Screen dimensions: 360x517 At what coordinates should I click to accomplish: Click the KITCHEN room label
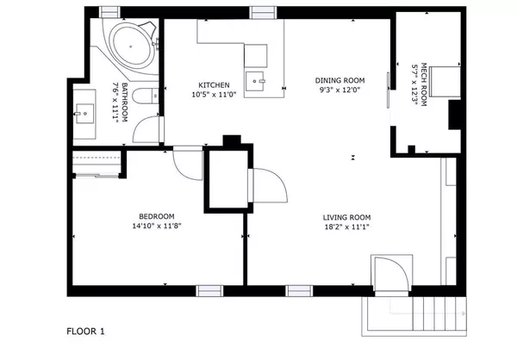tap(215, 84)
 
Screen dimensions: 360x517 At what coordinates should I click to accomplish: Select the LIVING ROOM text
tap(346, 217)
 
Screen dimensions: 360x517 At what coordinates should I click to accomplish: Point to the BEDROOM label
tap(157, 215)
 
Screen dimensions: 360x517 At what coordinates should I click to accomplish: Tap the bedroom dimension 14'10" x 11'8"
tap(157, 226)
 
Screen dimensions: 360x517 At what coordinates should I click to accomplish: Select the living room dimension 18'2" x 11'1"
tap(346, 227)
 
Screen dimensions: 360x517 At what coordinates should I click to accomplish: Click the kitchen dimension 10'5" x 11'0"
tap(215, 95)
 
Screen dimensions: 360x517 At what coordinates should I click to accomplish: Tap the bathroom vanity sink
tap(84, 111)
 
